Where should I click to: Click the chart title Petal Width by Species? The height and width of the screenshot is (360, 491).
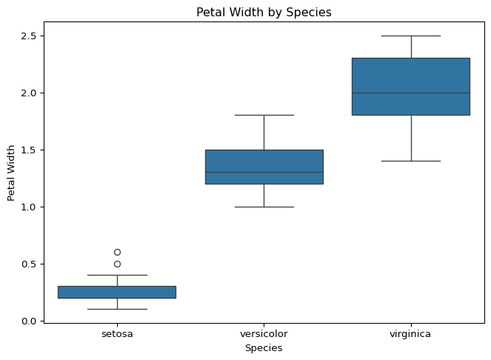[264, 13]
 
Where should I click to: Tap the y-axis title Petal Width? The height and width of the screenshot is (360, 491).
[11, 173]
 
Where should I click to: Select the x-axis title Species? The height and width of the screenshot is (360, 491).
[264, 348]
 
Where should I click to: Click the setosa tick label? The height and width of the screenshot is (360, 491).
[117, 334]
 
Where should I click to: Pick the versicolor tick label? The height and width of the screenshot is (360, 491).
[264, 334]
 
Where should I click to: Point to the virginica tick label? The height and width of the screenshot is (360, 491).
[410, 334]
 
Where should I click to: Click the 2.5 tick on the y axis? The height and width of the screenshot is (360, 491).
[28, 36]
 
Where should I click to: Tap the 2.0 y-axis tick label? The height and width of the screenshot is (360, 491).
[28, 93]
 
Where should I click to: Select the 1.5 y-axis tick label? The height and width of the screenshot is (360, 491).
[28, 150]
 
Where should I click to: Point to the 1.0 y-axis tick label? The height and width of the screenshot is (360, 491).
[28, 207]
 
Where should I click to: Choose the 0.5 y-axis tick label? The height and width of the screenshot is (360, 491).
[28, 264]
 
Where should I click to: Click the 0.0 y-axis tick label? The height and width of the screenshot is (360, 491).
[28, 321]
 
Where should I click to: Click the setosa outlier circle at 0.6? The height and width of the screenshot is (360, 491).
[118, 252]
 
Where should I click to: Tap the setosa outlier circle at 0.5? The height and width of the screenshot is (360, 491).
[118, 264]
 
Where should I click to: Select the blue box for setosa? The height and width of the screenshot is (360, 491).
[117, 292]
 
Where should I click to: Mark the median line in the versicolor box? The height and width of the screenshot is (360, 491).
[264, 173]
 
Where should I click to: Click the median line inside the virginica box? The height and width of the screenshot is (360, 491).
[411, 93]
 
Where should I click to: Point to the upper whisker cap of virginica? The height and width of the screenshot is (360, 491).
[411, 36]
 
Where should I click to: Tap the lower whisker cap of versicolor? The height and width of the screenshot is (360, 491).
[264, 207]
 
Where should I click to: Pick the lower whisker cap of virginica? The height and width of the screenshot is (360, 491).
[411, 161]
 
